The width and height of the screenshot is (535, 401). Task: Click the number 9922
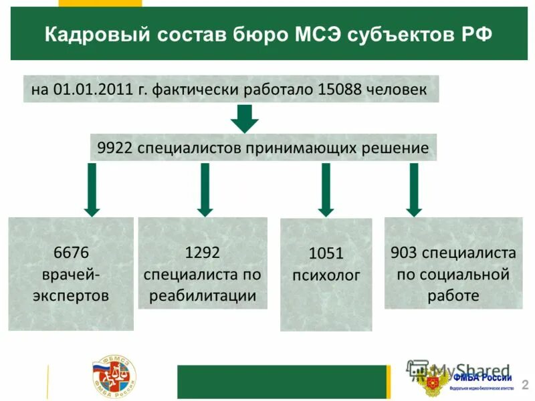click(114, 148)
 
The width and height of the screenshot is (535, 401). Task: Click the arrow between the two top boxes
click(244, 119)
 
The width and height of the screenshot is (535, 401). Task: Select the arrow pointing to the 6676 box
click(92, 190)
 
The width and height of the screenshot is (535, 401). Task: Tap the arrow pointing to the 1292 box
click(205, 190)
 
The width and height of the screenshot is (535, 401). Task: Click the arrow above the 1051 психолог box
click(326, 190)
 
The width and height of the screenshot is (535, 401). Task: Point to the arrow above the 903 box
click(414, 190)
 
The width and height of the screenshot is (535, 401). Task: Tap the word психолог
click(326, 274)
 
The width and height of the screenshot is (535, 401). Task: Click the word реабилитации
click(203, 295)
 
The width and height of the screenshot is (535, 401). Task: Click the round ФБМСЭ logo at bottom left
click(114, 378)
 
